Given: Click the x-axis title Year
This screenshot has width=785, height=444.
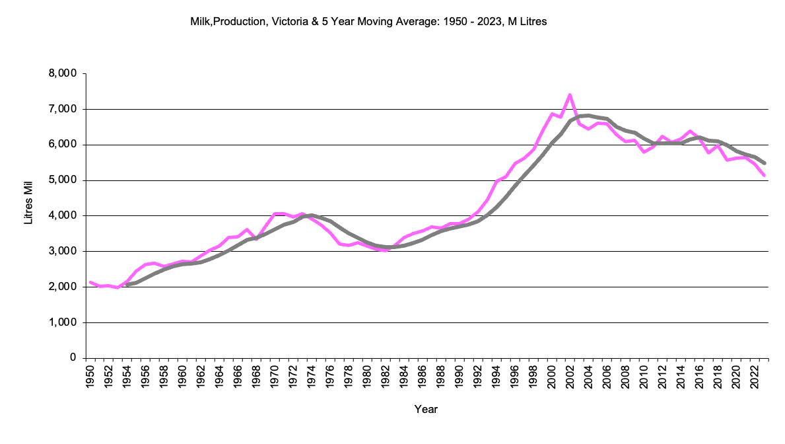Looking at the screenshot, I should pos(426,410).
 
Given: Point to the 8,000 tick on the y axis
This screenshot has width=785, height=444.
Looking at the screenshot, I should pos(63,73).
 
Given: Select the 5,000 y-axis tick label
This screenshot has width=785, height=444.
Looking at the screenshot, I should pos(63,180).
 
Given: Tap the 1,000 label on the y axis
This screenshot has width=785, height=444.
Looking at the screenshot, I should pos(63,323).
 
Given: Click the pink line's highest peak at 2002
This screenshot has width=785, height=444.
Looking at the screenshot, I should pos(569,95).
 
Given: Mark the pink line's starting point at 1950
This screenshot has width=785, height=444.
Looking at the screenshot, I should pos(90,282).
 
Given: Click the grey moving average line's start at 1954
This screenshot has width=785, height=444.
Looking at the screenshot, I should pos(127,285).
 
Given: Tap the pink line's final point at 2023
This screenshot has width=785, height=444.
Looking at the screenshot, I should pos(764,175).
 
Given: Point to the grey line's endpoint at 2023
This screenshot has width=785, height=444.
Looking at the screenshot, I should pos(764,163).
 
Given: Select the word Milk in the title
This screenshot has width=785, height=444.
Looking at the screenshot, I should pos(199,22).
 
